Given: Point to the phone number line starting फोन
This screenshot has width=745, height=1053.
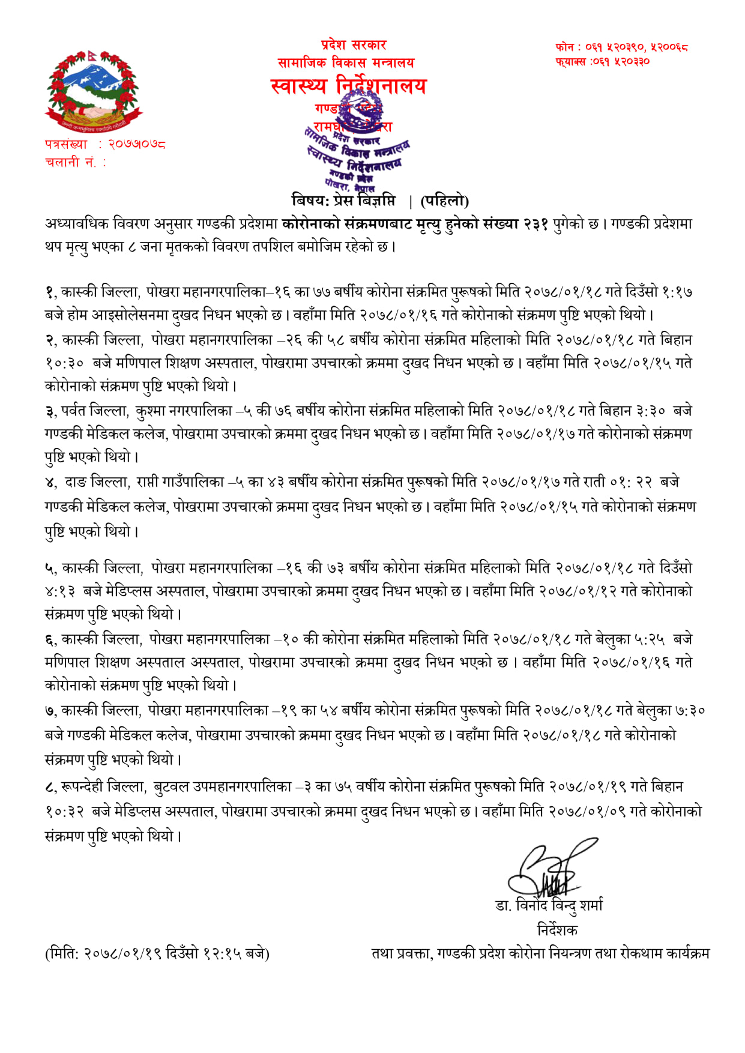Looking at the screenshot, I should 621,47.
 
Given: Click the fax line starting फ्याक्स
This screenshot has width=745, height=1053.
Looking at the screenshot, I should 602,61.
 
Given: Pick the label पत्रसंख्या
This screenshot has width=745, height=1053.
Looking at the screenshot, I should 66,144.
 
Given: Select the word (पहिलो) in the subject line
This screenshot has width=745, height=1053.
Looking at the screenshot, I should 444,201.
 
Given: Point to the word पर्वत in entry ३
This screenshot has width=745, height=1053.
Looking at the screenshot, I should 73,411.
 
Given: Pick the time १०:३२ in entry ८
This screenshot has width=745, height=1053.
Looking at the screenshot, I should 64,812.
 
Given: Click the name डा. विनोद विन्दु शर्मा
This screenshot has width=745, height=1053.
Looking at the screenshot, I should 549,905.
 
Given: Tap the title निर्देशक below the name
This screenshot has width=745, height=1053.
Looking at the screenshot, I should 556,930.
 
